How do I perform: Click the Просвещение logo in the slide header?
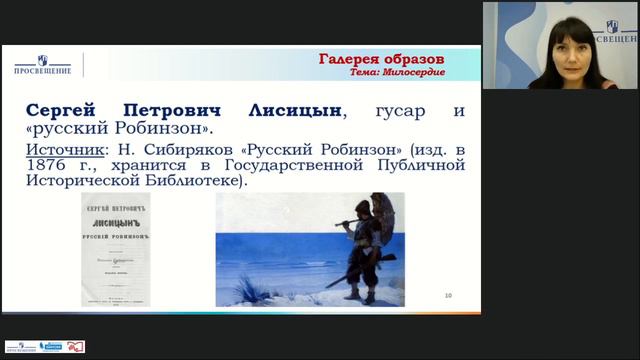click(41, 64)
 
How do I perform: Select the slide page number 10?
click(448, 295)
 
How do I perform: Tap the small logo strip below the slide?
click(45, 346)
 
